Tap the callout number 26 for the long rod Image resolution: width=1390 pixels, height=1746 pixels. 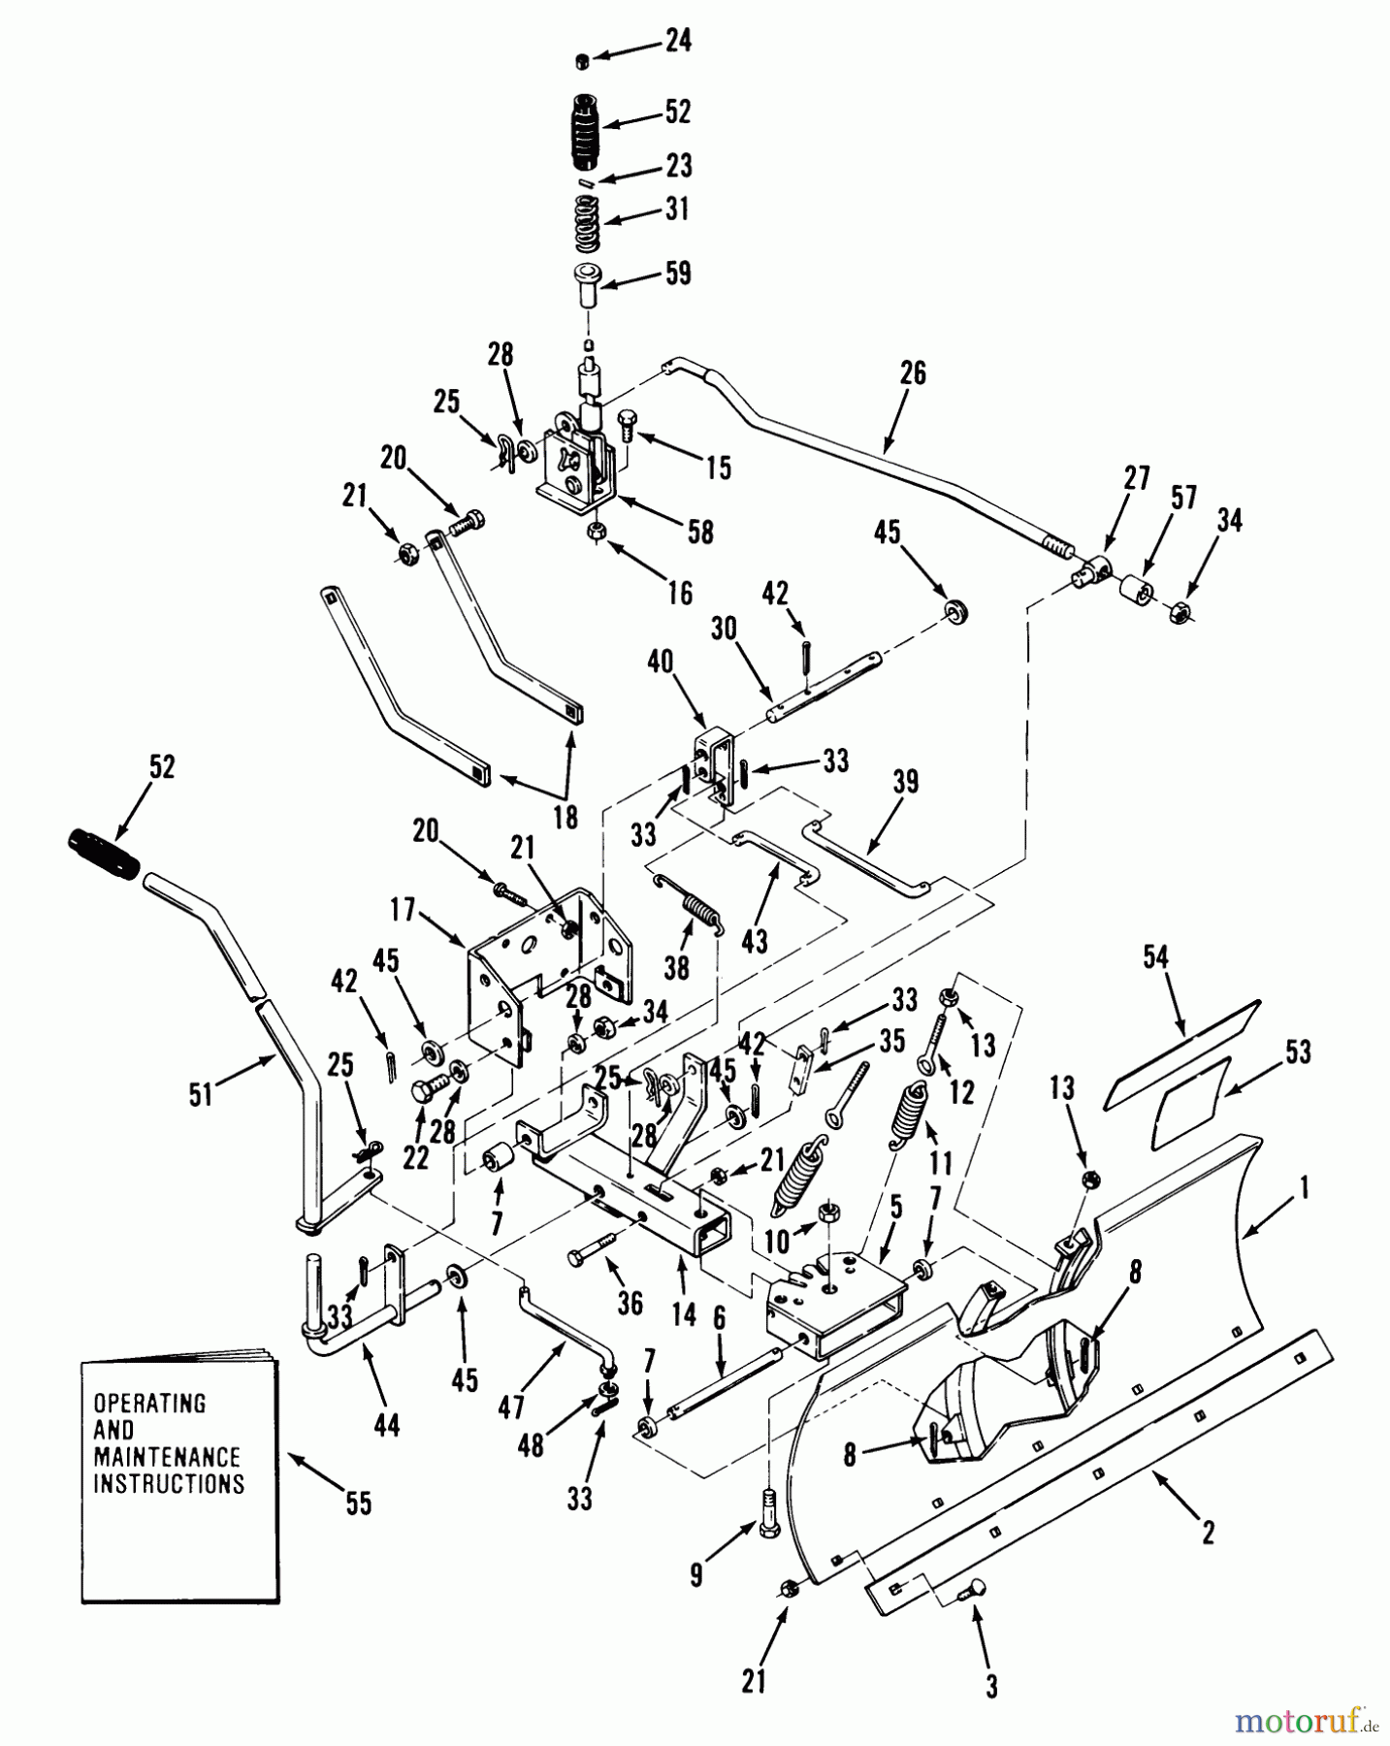[913, 372]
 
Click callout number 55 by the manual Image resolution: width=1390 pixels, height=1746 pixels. [358, 1503]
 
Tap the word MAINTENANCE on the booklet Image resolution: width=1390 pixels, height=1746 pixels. [166, 1457]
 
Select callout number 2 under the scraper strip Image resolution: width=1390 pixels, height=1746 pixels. [1208, 1532]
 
